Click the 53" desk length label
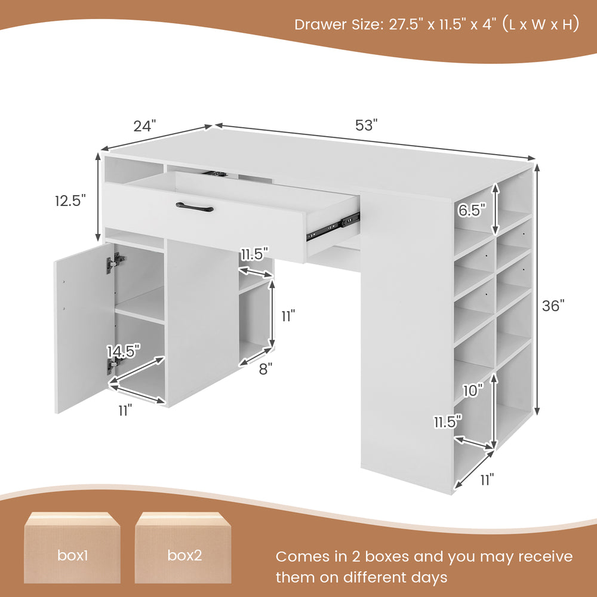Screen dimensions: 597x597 click(367, 125)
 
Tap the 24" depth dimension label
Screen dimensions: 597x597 click(144, 126)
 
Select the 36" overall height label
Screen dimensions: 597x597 click(553, 306)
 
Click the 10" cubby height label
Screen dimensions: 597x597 click(472, 391)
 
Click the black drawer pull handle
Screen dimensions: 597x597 click(195, 207)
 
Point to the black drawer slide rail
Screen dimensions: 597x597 click(333, 226)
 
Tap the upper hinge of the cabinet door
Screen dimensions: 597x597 click(116, 261)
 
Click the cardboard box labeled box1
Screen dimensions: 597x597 click(72, 548)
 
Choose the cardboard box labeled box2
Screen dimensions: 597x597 click(184, 548)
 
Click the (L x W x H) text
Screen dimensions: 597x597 click(540, 25)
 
